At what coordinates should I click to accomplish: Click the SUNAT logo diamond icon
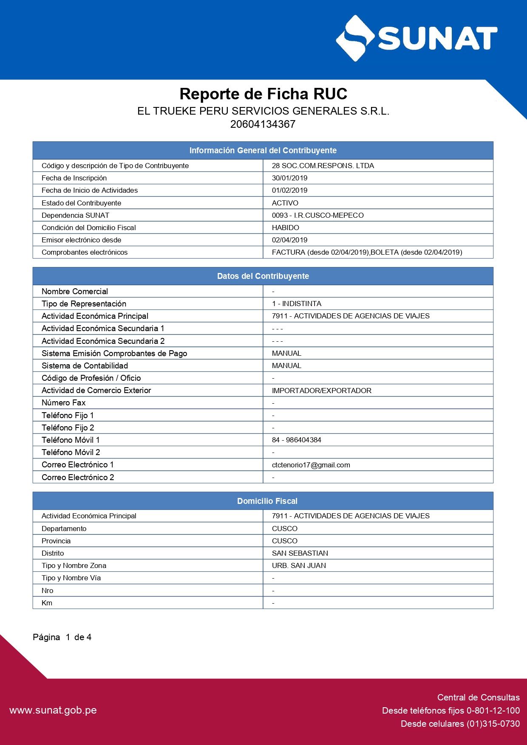click(x=355, y=39)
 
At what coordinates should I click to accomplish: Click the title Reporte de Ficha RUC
click(x=263, y=94)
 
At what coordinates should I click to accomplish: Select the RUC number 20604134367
click(x=263, y=124)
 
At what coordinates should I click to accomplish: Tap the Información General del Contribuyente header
click(x=263, y=150)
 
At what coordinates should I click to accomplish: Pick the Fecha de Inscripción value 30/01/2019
click(x=289, y=178)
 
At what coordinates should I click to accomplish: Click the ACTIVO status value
click(x=285, y=203)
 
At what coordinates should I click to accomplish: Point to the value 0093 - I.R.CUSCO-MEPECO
click(x=317, y=215)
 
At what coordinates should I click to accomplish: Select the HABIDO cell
click(x=285, y=228)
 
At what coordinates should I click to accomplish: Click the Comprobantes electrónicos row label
click(x=85, y=252)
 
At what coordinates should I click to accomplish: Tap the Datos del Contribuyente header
click(x=263, y=276)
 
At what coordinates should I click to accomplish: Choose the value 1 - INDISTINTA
click(x=296, y=304)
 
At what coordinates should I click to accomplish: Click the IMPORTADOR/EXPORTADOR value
click(x=321, y=391)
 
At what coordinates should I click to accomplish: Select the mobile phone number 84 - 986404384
click(x=296, y=440)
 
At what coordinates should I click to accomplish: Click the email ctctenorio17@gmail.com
click(x=311, y=465)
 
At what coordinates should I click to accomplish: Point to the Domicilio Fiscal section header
click(x=267, y=501)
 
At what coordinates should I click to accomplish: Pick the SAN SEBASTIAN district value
click(x=300, y=553)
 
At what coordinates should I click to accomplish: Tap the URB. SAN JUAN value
click(x=299, y=565)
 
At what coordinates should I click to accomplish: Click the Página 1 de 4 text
click(x=62, y=637)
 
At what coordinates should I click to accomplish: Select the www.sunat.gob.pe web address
click(x=53, y=710)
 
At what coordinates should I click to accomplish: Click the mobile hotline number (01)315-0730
click(x=493, y=724)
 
